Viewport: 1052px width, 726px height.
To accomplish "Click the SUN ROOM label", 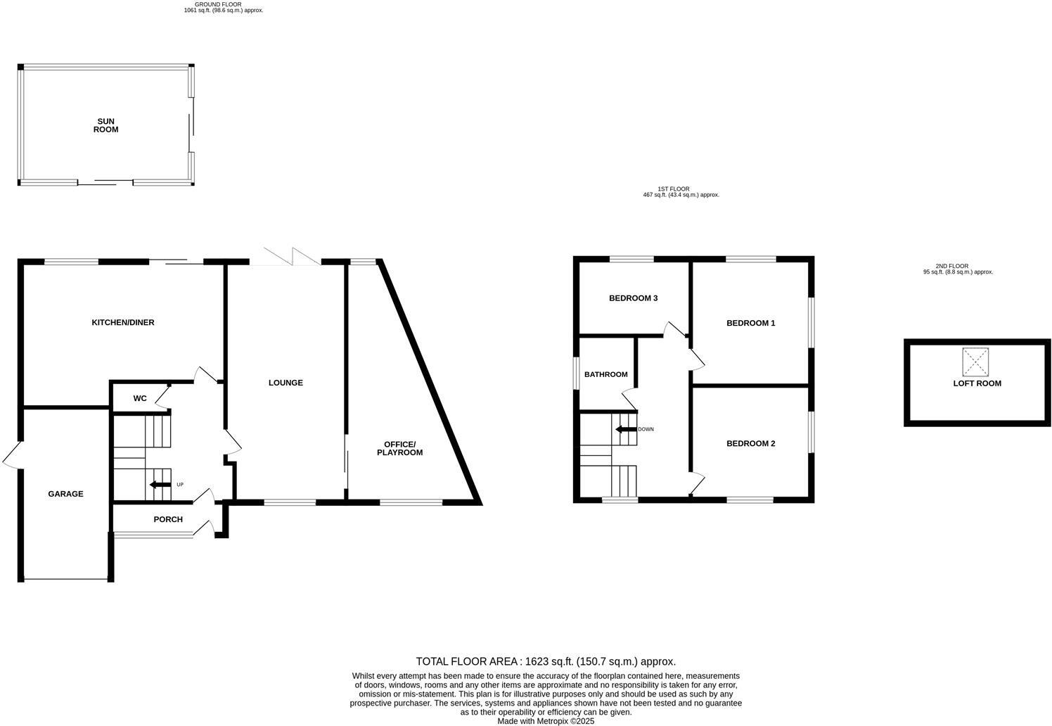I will (106, 125).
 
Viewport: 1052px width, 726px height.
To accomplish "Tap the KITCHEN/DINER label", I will (123, 322).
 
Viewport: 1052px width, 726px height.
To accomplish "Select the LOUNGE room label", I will (286, 383).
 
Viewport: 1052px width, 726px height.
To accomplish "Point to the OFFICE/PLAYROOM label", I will (399, 448).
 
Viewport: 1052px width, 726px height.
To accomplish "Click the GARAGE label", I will (65, 494).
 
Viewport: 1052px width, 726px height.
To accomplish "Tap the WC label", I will (140, 398).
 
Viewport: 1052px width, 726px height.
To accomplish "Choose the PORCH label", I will (168, 519).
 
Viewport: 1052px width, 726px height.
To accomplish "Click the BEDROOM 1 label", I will (750, 323).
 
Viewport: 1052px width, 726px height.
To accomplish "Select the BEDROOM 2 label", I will (750, 443).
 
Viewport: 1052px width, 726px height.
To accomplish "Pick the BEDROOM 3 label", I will (633, 298).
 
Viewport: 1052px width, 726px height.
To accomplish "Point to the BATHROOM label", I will (605, 374).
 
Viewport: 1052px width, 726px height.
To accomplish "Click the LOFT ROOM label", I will (977, 383).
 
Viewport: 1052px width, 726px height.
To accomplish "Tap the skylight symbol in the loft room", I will (975, 362).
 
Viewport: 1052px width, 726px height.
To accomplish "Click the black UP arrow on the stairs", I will (160, 485).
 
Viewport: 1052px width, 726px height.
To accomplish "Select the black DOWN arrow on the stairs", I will (624, 429).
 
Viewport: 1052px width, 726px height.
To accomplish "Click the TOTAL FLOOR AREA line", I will (546, 661).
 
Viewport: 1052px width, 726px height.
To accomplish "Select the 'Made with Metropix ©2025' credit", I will (546, 721).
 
